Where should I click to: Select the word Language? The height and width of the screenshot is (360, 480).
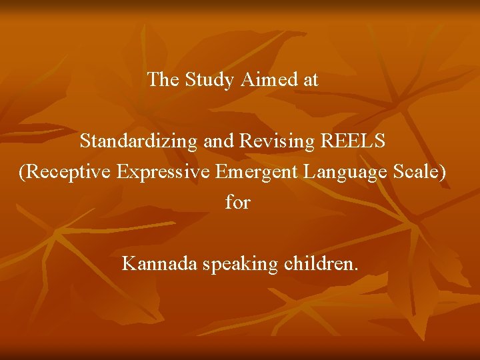(x=344, y=172)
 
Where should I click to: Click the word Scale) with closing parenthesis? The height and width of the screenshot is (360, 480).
(x=419, y=172)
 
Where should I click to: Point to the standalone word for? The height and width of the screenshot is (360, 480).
(x=237, y=202)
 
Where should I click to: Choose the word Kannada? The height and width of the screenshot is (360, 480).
(x=159, y=264)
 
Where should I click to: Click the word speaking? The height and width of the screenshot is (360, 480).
(x=240, y=264)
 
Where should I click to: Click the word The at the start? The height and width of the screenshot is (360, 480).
(x=163, y=80)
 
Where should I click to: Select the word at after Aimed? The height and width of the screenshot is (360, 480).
(x=311, y=80)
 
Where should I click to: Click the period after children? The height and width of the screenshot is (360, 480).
(x=356, y=269)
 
